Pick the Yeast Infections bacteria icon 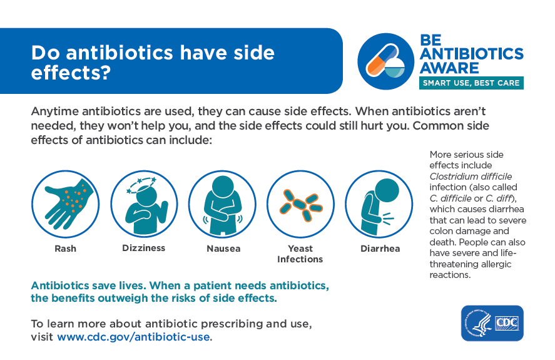click(x=300, y=204)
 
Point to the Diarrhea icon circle click(x=379, y=204)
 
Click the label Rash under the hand click(x=66, y=249)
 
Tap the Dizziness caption click(x=144, y=248)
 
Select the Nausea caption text click(x=224, y=249)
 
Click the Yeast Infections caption click(x=300, y=254)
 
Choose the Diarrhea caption click(x=380, y=249)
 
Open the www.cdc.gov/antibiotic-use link click(x=133, y=337)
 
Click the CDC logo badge click(x=492, y=323)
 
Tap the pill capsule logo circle click(x=386, y=61)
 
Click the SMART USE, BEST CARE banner click(x=471, y=83)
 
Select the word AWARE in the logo click(x=449, y=68)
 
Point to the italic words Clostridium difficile click(x=471, y=177)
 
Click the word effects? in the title click(x=71, y=73)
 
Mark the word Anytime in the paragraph click(x=55, y=111)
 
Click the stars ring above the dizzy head click(x=141, y=184)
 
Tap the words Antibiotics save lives click(x=88, y=285)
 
